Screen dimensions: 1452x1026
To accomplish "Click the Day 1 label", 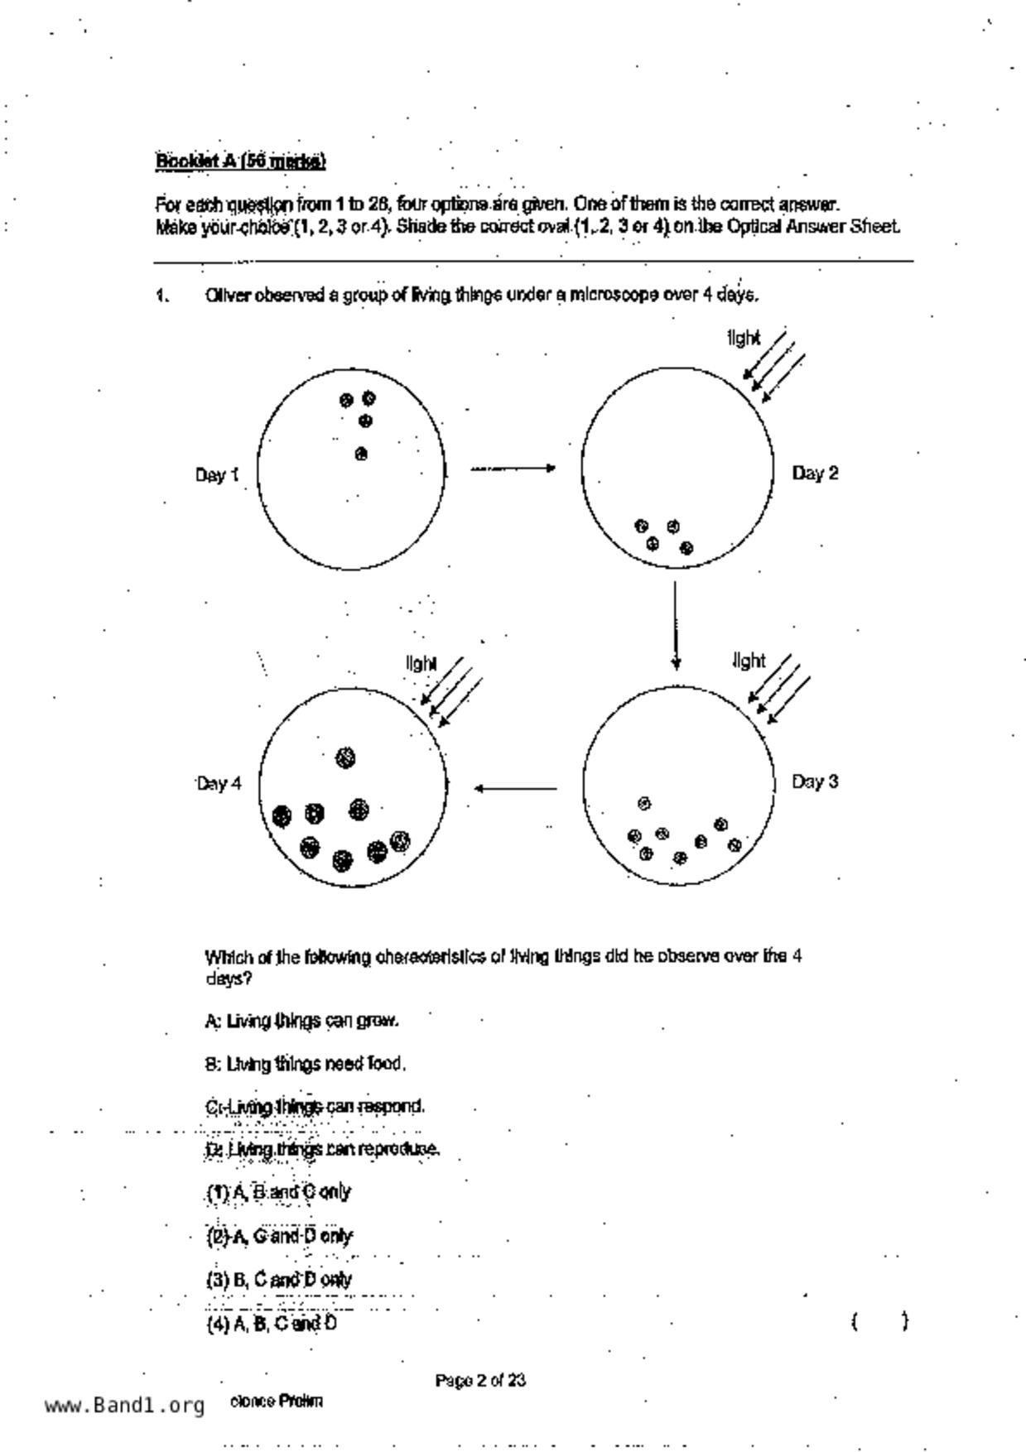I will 217,475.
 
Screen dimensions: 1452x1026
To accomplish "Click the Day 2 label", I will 815,474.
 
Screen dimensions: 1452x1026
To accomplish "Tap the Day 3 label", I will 815,781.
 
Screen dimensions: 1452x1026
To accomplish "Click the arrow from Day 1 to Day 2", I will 513,469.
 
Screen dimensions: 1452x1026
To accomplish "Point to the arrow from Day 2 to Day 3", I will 676,625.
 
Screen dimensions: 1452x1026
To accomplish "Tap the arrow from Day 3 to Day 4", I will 515,788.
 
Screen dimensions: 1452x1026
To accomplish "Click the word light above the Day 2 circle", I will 743,338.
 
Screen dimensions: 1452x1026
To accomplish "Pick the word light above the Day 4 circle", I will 421,664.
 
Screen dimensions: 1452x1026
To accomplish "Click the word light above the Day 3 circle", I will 749,661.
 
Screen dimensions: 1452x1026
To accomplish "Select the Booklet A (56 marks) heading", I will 240,161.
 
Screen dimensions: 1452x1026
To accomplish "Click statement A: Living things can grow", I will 301,1021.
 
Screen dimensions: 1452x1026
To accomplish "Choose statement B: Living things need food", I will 305,1064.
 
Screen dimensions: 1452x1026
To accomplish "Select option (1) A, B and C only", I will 278,1192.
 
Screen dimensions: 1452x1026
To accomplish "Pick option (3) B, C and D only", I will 279,1279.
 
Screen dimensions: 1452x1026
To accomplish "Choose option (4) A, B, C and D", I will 272,1323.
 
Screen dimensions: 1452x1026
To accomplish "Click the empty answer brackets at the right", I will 879,1321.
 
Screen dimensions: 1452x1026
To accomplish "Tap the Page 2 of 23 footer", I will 480,1380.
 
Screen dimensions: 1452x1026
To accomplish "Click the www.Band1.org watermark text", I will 124,1405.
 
